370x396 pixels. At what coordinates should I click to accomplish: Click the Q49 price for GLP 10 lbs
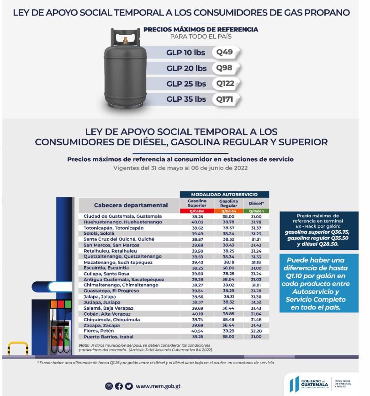tap(225, 52)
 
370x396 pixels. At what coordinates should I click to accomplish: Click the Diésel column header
tap(256, 203)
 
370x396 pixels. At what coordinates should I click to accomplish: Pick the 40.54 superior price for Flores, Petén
tap(197, 331)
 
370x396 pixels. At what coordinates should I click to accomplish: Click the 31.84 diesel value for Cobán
tap(256, 314)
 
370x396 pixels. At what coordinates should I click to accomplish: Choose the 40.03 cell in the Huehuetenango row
tap(197, 222)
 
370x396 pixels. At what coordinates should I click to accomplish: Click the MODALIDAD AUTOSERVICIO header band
tap(225, 194)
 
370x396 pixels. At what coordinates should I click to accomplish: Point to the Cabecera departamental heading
tap(130, 205)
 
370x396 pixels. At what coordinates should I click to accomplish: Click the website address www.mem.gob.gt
tap(158, 385)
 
